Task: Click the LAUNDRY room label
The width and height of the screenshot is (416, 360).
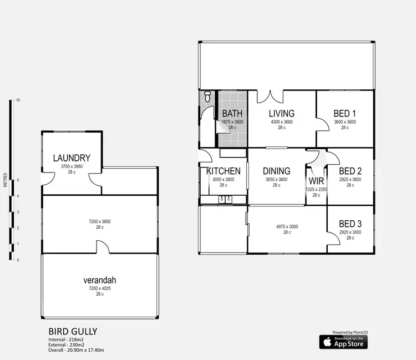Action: [72, 158]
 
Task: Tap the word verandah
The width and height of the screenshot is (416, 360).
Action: [100, 280]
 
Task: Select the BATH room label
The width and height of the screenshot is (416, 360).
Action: [232, 114]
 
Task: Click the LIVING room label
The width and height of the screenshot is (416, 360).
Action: [281, 114]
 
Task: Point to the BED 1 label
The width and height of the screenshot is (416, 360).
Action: [344, 114]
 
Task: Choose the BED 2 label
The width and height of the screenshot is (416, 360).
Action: [350, 171]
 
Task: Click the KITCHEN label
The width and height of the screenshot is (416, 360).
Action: [224, 171]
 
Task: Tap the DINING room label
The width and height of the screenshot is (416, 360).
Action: [276, 171]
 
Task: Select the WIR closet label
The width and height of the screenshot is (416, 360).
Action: [316, 181]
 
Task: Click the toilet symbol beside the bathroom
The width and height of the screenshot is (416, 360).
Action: [207, 97]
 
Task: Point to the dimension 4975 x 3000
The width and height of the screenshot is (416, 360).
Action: [287, 226]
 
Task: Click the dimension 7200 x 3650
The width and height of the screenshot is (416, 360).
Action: [100, 221]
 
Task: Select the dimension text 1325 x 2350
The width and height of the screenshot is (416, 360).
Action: [316, 189]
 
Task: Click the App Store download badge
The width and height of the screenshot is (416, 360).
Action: [343, 342]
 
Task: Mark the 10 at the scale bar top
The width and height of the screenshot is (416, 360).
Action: [18, 100]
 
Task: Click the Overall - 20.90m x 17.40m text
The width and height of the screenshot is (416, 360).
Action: [77, 350]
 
